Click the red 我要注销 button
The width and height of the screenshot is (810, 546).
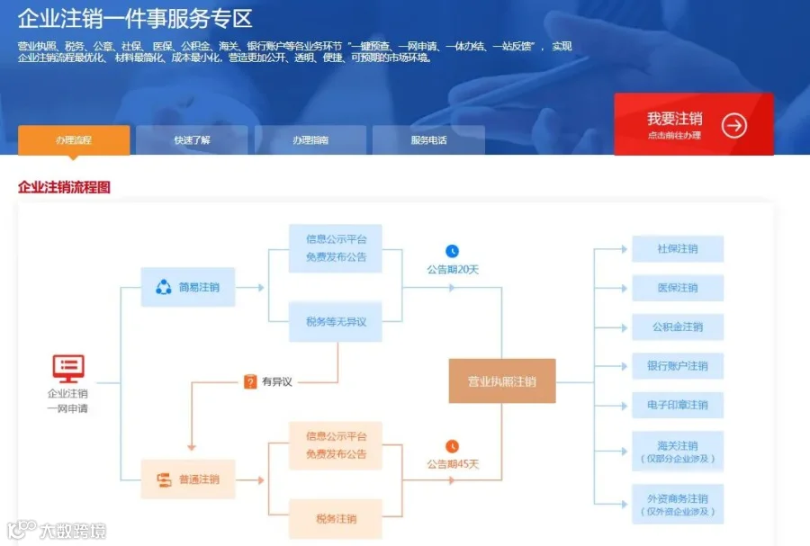(693, 124)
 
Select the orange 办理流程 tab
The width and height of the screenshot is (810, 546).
(74, 139)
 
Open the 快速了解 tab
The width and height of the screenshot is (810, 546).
(192, 139)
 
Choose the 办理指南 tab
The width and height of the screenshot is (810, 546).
(310, 139)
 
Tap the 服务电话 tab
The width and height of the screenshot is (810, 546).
(428, 139)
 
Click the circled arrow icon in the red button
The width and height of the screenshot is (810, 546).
(734, 125)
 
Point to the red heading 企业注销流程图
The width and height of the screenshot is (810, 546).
(64, 187)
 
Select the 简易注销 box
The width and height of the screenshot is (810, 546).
(188, 287)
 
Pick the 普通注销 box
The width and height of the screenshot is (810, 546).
(188, 479)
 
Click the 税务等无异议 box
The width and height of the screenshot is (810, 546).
(336, 322)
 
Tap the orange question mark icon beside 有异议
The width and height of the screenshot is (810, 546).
(250, 381)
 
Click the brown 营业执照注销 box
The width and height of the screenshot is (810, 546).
(502, 380)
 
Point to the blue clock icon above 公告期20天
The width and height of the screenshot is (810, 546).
(452, 251)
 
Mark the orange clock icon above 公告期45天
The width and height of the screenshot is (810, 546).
(452, 446)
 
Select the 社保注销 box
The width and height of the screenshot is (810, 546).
(678, 249)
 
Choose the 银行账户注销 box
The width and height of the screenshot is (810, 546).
(678, 366)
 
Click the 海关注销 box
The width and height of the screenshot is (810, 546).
(678, 452)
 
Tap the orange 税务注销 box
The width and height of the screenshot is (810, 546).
(336, 519)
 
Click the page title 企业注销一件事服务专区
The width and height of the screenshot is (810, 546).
(135, 19)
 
